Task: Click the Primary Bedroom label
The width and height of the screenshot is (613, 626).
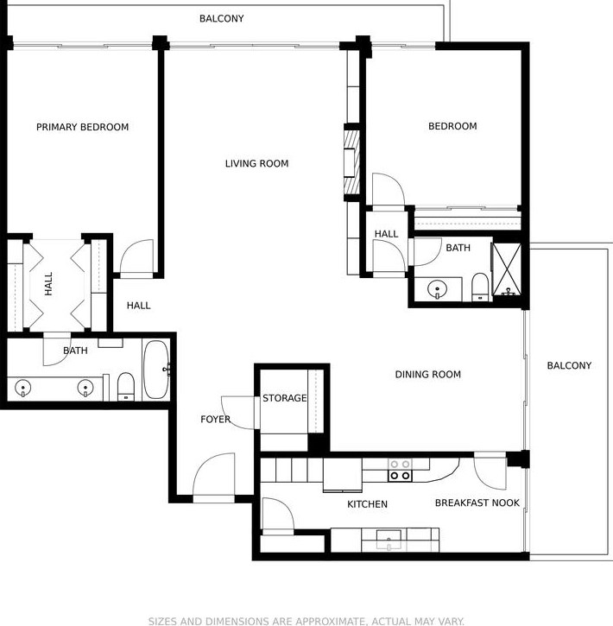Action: [83, 127]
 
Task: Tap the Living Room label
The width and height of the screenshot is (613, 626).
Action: [256, 163]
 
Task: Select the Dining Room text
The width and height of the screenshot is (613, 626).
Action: [428, 374]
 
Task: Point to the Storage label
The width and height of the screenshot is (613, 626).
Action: [285, 398]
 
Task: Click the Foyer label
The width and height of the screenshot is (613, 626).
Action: [216, 419]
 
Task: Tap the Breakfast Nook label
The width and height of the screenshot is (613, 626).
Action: [477, 503]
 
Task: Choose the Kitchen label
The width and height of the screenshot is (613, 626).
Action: [367, 504]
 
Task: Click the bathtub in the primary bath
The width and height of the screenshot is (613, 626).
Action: [156, 370]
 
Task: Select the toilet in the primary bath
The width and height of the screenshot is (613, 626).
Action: [126, 387]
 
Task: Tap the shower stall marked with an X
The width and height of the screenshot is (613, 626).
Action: [507, 269]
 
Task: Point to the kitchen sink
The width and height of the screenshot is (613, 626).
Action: [389, 540]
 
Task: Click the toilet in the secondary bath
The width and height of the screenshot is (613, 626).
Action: [480, 287]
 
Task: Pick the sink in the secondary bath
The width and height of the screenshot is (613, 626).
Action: [437, 289]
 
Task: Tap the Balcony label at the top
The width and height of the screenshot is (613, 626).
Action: [222, 18]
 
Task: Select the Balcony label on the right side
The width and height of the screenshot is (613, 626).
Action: [569, 365]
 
